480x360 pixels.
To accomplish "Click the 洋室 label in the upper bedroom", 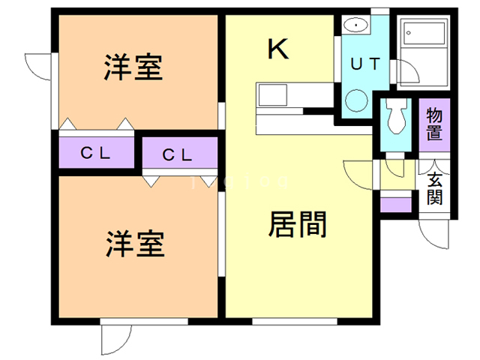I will [x=133, y=69].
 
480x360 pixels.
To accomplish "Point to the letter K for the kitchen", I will [x=277, y=50].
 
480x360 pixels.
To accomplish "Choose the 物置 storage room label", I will [x=433, y=124].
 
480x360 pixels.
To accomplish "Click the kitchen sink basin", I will [x=271, y=95].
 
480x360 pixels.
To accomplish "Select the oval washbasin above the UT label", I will [x=355, y=26].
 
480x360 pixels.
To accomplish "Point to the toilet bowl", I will [x=394, y=116].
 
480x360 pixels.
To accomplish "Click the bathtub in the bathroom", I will [x=423, y=37].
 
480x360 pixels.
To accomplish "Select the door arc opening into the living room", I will [x=357, y=175].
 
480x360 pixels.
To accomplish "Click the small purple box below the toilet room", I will [x=395, y=204].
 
